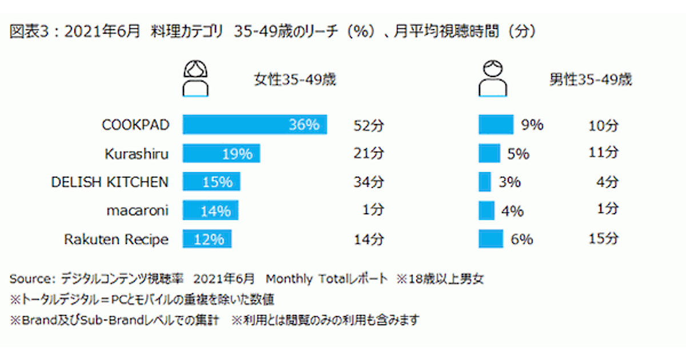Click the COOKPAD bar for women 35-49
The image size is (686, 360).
(254, 125)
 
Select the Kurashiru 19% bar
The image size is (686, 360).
(221, 153)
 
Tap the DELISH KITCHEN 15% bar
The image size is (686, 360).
(212, 182)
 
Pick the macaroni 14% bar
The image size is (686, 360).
(210, 210)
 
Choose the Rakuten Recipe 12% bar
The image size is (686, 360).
(207, 239)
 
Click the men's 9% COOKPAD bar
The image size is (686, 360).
(496, 125)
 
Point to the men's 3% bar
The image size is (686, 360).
(485, 182)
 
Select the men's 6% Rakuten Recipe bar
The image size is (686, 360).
(490, 239)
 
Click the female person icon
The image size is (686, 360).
(196, 78)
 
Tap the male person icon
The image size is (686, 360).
(493, 78)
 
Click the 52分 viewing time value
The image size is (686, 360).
(369, 125)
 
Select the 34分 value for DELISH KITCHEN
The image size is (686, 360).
(369, 182)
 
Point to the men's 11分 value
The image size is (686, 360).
(603, 153)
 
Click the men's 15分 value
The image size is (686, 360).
(603, 239)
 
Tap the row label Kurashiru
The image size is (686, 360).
(137, 154)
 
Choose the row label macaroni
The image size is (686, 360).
(137, 210)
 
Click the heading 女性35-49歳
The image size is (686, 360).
(294, 79)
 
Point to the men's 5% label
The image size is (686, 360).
(518, 154)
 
